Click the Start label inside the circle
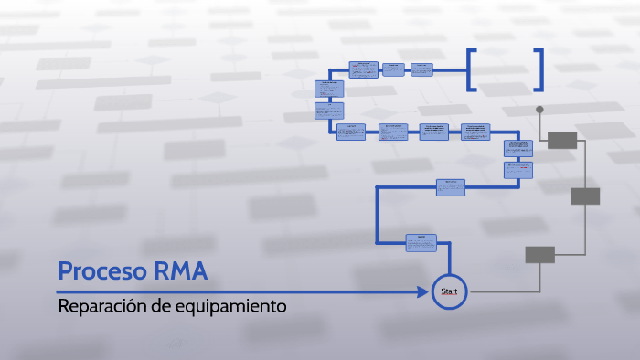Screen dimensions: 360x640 coord(449,291)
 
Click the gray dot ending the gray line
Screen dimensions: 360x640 coord(539,110)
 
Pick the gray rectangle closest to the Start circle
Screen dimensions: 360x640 coord(539,255)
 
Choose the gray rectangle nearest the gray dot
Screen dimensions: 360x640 coord(562,140)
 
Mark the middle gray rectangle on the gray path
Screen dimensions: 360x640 coord(584,196)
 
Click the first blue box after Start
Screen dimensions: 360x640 coord(421,242)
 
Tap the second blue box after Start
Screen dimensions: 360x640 coord(451,186)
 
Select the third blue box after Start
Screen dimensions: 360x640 coord(518,169)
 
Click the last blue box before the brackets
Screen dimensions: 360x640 coord(421,69)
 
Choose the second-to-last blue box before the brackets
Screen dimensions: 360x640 coord(393,69)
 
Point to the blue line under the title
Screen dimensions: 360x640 coord(238,292)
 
